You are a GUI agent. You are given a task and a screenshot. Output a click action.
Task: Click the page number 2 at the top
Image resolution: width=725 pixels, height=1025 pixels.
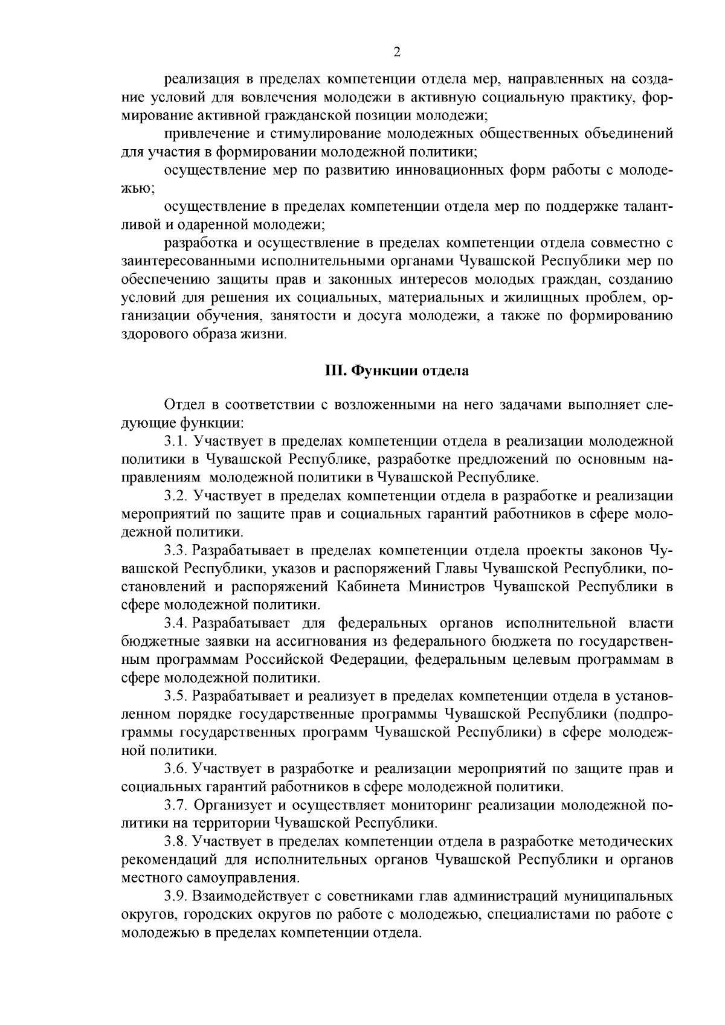tap(397, 52)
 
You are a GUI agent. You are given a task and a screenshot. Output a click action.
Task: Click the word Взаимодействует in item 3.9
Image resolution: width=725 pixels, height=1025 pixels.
tap(246, 896)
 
